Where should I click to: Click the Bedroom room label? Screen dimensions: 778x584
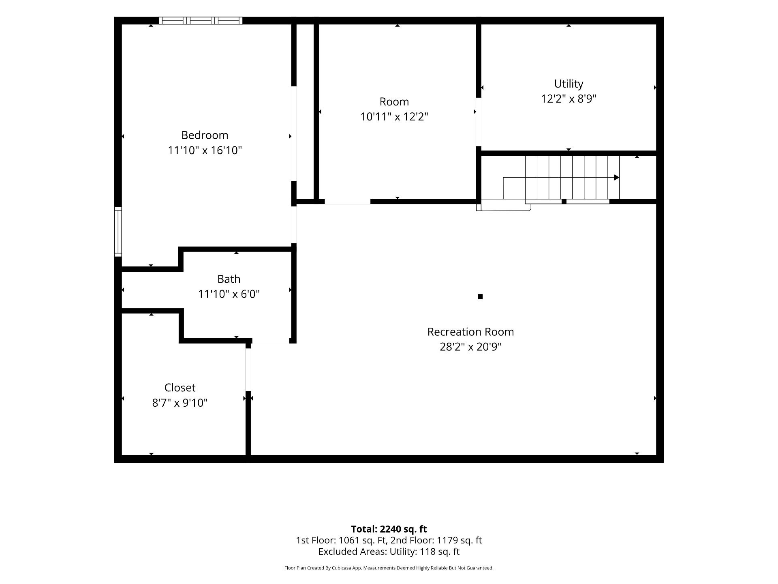coord(205,135)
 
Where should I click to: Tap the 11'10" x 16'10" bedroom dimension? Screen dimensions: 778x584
coord(205,150)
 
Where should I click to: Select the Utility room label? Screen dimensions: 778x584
coord(569,84)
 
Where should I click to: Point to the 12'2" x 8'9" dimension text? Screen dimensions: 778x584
coord(569,99)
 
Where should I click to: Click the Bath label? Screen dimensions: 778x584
coord(229,279)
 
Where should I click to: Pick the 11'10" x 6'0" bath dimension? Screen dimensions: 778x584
coord(229,294)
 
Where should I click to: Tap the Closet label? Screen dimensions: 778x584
coord(180,388)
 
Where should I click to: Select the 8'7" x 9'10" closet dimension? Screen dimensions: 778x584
coord(180,403)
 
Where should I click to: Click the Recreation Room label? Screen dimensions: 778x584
coord(470,332)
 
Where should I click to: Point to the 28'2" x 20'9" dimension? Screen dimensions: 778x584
coord(470,347)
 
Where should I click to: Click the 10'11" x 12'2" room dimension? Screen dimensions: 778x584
coord(394,117)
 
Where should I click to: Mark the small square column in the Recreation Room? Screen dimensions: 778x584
coord(480,296)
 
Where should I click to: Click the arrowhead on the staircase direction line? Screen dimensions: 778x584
coord(617,178)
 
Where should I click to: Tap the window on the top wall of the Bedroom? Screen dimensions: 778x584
coord(201,21)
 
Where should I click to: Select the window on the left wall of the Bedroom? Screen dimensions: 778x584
coord(118,232)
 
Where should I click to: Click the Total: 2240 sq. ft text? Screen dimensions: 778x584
coord(389,529)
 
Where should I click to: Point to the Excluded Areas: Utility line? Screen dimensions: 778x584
coord(389,552)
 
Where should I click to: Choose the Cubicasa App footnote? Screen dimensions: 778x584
coord(389,568)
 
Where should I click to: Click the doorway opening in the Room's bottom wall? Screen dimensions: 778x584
coord(348,202)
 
